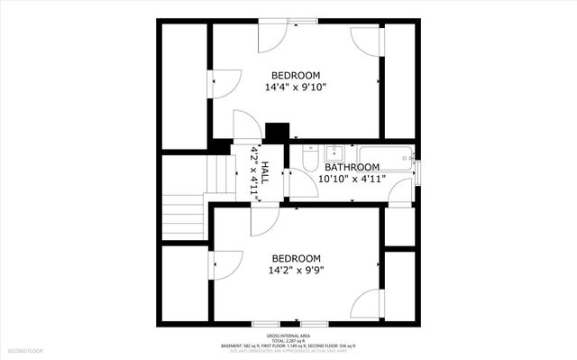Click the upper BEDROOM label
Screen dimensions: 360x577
click(x=295, y=76)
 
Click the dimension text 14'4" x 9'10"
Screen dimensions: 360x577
click(x=295, y=88)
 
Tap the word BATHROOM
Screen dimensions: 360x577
click(x=352, y=167)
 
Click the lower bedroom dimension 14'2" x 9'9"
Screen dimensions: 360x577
click(x=295, y=269)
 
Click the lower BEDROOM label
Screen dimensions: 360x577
click(x=296, y=256)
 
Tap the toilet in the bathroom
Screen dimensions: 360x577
click(x=308, y=161)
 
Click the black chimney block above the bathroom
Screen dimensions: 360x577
click(x=278, y=131)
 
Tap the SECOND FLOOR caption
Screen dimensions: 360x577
click(x=24, y=350)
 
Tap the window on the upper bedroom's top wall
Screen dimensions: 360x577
click(x=302, y=21)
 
